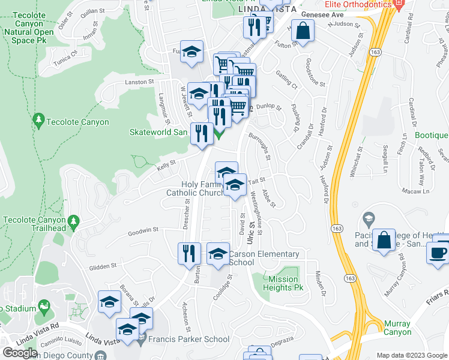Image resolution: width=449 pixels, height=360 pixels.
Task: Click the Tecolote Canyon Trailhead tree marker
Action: point(74,222)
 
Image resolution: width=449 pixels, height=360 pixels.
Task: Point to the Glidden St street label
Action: point(102,266)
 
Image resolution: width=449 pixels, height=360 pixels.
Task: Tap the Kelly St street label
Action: point(166,163)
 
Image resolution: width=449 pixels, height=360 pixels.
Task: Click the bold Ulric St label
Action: point(250,231)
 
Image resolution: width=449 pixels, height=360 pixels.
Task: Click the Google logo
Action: point(20,352)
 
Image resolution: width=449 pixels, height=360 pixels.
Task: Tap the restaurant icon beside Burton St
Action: point(189,253)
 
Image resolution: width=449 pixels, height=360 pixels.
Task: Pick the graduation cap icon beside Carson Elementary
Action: point(218,253)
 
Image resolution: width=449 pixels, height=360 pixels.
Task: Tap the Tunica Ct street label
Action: point(65,53)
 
